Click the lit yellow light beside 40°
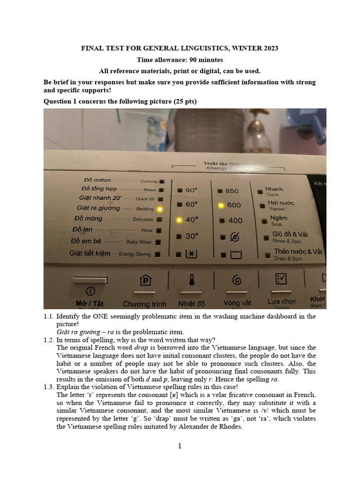(179, 220)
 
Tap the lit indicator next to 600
(220, 205)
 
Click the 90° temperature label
(192, 190)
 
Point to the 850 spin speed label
(232, 191)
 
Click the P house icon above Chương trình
(145, 280)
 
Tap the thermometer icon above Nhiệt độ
(191, 280)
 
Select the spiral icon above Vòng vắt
(237, 280)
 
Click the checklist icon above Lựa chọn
(281, 279)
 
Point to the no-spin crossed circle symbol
(234, 237)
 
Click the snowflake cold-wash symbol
(192, 254)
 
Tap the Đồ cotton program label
(97, 180)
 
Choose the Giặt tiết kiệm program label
(90, 253)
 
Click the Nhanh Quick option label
(274, 190)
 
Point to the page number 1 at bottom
(180, 446)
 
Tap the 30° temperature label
(192, 236)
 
